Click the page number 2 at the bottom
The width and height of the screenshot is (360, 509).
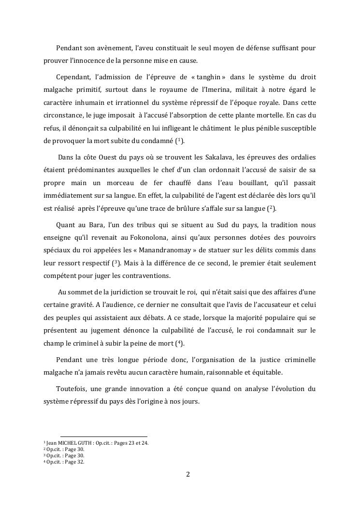(x=188, y=474)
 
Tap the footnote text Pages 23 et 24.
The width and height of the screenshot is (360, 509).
(x=131, y=443)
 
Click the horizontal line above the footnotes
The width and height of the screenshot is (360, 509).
(x=103, y=436)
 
